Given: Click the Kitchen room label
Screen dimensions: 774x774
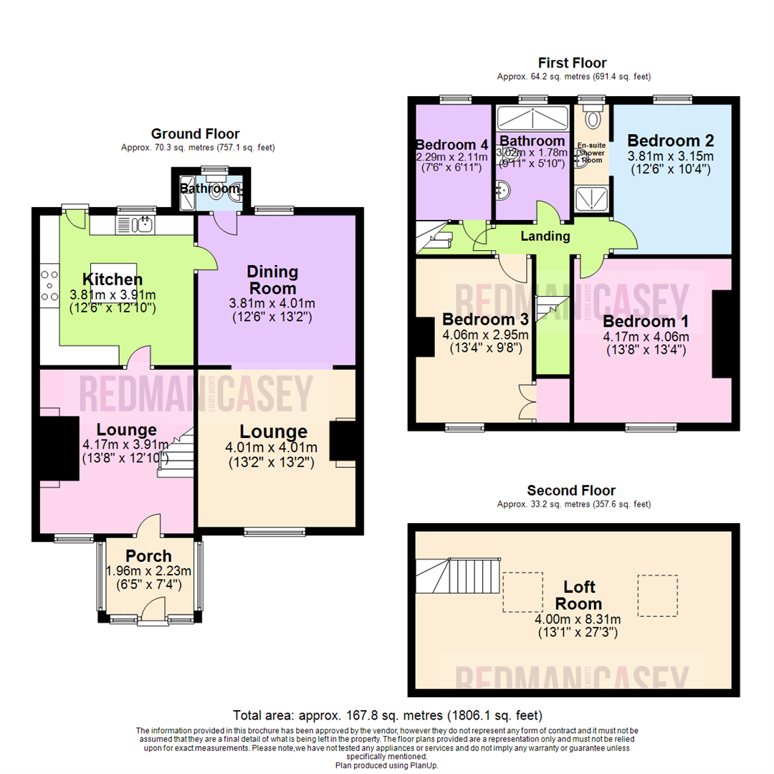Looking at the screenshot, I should [113, 279].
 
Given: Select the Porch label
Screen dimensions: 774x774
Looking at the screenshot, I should [148, 555].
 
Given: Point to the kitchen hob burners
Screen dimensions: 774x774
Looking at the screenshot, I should [51, 284].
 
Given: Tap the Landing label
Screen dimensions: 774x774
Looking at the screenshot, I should [545, 236].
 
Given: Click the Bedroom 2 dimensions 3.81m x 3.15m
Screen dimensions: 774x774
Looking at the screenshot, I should [670, 156].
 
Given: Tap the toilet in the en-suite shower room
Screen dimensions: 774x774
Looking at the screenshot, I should [592, 118].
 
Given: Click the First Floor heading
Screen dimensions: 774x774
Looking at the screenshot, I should [573, 63].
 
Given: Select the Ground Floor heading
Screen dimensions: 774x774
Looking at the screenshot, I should [195, 133].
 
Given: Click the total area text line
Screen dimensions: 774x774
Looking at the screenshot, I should [387, 715].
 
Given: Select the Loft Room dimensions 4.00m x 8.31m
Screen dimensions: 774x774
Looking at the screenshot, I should [577, 620].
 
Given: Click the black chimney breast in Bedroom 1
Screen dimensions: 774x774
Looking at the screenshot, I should [720, 334].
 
